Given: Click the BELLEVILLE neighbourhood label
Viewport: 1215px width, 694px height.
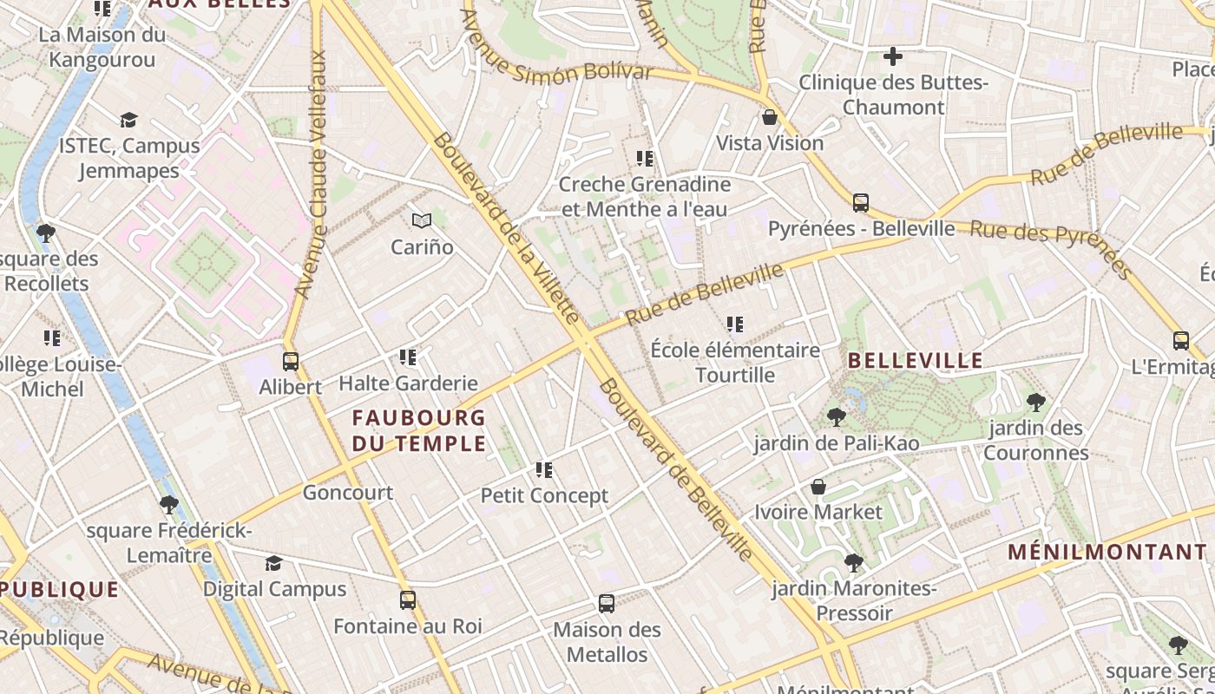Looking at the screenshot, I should [x=915, y=361].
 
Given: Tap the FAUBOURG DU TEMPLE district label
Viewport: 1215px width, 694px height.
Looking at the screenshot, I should [x=419, y=431].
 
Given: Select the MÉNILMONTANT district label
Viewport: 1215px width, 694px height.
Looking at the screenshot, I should [x=1107, y=552].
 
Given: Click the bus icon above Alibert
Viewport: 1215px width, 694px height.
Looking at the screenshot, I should [x=291, y=361].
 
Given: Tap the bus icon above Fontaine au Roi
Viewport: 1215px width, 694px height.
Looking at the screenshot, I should [x=408, y=599].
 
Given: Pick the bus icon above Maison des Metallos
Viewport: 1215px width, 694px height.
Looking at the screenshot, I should [x=607, y=603].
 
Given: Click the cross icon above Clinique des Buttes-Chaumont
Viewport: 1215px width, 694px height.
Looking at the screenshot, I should [x=892, y=57].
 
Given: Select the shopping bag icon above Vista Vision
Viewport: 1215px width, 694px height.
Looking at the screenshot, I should [x=770, y=117].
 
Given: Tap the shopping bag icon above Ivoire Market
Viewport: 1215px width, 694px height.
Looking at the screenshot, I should [x=818, y=487].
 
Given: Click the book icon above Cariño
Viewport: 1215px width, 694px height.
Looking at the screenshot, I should [x=422, y=221].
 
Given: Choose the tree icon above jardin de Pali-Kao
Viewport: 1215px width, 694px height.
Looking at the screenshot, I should [x=836, y=417].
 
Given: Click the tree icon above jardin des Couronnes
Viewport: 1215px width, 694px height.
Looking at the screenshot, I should [x=1035, y=402].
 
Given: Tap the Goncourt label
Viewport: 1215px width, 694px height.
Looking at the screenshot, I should [x=347, y=493].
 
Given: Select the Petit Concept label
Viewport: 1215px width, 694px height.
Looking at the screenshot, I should [x=544, y=496].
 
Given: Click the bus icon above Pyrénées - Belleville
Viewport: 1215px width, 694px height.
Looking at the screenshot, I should [x=861, y=203].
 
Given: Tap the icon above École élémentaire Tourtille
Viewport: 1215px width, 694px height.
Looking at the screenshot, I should [x=735, y=324].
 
